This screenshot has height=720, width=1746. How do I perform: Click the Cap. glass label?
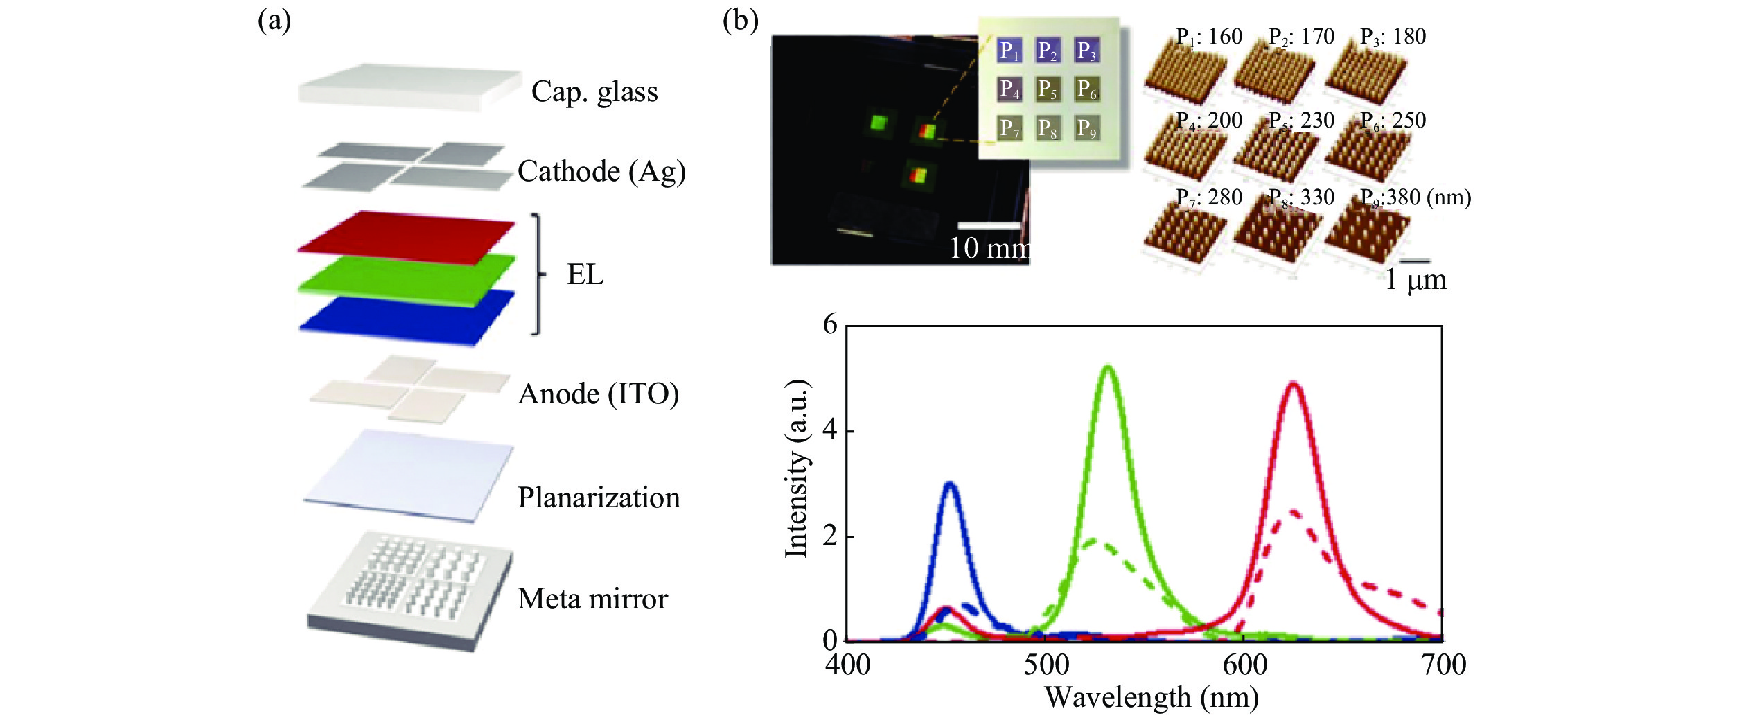(x=594, y=92)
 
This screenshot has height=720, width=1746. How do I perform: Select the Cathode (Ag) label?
(x=601, y=172)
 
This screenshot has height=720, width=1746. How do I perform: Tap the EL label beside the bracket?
(x=585, y=274)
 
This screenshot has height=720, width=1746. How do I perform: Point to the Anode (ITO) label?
(x=598, y=394)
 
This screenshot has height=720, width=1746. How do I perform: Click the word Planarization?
(x=599, y=498)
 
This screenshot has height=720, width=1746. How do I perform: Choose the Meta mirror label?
(x=592, y=599)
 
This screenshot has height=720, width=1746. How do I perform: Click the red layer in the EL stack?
(x=407, y=237)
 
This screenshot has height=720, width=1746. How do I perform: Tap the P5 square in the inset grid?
(x=1048, y=89)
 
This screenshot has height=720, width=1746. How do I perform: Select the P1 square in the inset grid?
(x=1009, y=51)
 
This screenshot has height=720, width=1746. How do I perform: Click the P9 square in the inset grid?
(x=1086, y=128)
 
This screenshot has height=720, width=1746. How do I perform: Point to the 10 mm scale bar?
(x=989, y=226)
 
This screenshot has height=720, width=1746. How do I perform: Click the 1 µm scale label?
(x=1416, y=280)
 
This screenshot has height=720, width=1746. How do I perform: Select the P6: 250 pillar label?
(x=1393, y=121)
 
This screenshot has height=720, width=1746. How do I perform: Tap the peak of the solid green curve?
(x=1109, y=367)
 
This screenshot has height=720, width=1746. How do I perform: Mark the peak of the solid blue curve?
(x=950, y=484)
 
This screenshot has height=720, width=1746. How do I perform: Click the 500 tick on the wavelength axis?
(x=1046, y=665)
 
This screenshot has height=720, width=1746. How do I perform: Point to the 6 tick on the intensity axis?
(x=830, y=324)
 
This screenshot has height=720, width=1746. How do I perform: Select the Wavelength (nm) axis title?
(x=1152, y=697)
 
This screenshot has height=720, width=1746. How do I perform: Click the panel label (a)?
(x=274, y=21)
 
